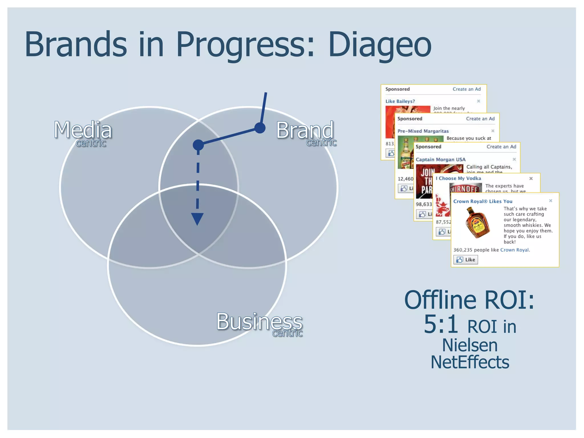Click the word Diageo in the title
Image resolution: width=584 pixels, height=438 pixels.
click(x=380, y=45)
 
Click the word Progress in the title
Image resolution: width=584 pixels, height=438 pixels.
click(x=245, y=45)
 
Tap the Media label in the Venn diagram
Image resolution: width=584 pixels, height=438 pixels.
click(x=83, y=130)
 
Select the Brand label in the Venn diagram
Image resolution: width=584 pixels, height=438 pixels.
click(x=305, y=130)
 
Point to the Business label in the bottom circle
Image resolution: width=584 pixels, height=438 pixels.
click(x=259, y=321)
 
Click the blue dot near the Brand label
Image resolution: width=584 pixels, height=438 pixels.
click(x=260, y=128)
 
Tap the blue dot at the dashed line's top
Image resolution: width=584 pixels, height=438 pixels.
click(x=198, y=145)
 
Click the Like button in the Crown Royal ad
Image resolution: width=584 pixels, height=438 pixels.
click(x=465, y=259)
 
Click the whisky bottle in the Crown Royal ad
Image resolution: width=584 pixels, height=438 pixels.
click(x=477, y=223)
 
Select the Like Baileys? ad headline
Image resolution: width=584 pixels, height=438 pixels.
click(x=400, y=101)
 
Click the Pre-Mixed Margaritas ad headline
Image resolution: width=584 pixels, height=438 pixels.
click(x=423, y=131)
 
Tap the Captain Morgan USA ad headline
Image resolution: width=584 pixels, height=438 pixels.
click(x=440, y=159)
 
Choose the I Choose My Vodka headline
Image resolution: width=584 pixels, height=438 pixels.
click(x=458, y=178)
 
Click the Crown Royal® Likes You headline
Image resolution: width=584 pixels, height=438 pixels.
click(x=482, y=201)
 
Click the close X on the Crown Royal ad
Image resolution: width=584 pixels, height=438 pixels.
click(x=550, y=201)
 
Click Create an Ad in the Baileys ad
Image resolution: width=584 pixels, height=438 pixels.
click(x=467, y=89)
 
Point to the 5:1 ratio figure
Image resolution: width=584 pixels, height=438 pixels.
click(x=441, y=324)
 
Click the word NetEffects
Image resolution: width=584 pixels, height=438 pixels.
click(x=470, y=362)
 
